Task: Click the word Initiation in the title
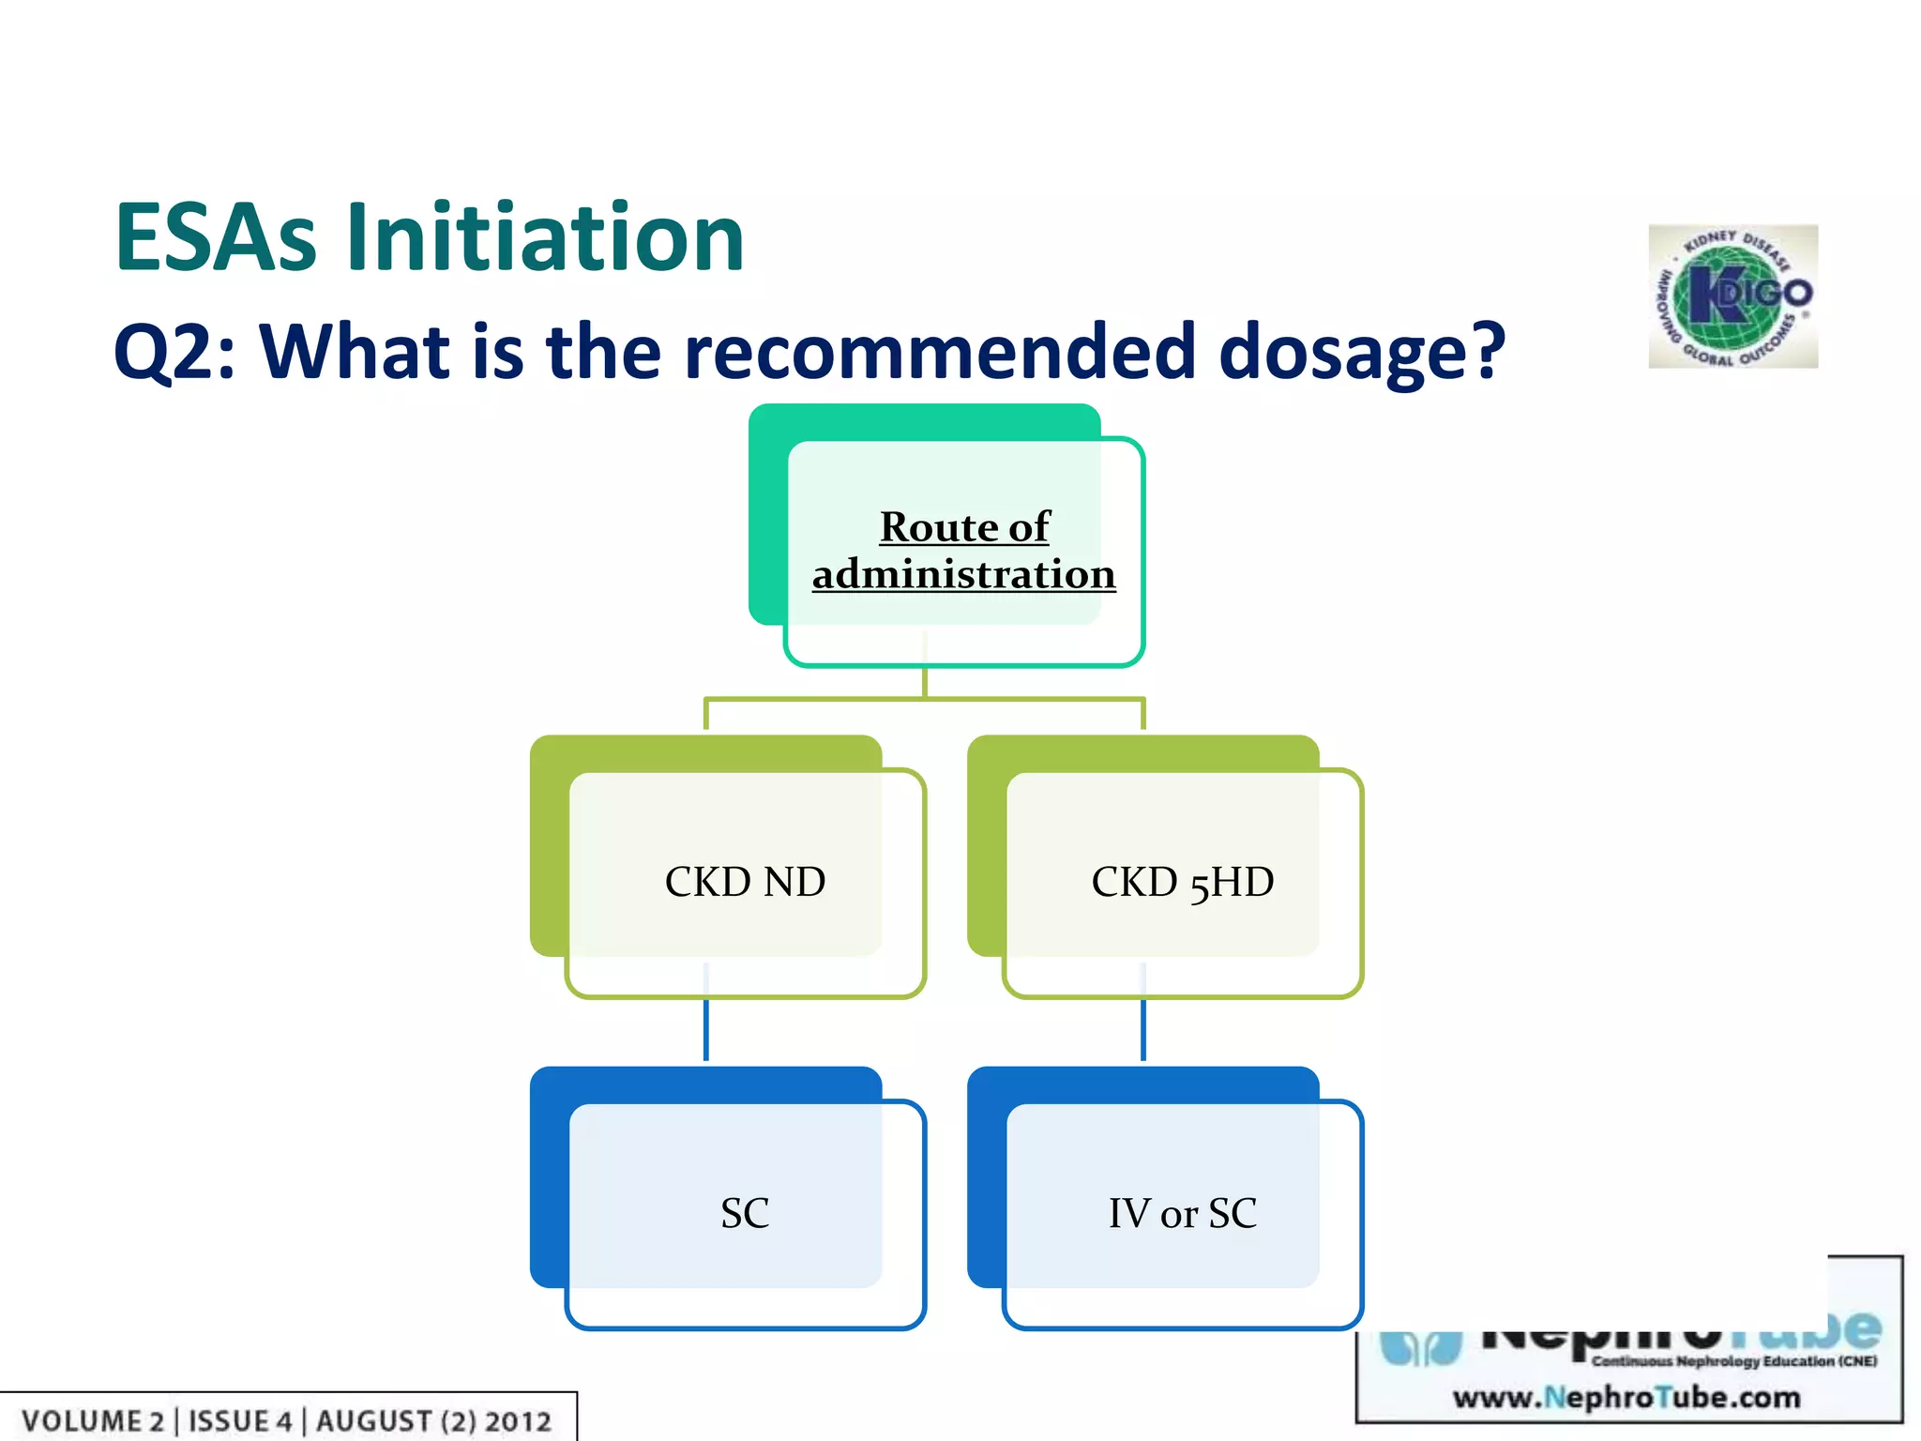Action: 545,238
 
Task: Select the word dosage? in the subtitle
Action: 1361,353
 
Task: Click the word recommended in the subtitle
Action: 939,351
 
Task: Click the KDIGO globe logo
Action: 1732,296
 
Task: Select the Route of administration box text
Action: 964,550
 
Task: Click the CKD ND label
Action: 745,882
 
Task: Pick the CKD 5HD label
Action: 1182,882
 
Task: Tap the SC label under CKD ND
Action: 745,1213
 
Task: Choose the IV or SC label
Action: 1182,1213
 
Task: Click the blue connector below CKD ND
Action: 706,1029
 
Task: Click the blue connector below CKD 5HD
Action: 1143,1029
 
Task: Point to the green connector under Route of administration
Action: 925,698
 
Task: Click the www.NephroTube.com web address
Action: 1626,1398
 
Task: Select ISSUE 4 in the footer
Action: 240,1421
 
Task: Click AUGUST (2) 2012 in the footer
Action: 433,1421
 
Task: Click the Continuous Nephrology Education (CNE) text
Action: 1733,1361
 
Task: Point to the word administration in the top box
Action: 964,574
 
